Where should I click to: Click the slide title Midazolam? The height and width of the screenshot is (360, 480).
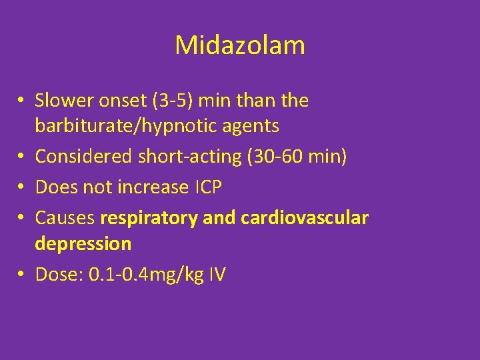click(x=240, y=45)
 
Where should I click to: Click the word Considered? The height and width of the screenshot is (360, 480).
click(x=83, y=157)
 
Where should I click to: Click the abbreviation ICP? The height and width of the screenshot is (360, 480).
click(x=208, y=187)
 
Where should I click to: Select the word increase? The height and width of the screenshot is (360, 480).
click(x=153, y=187)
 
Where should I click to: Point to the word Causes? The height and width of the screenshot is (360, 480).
click(x=65, y=217)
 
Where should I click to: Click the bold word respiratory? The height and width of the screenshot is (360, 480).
click(x=148, y=217)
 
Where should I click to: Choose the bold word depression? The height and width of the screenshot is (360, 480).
click(x=83, y=244)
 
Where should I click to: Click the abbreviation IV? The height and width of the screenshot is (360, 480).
click(x=216, y=274)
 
